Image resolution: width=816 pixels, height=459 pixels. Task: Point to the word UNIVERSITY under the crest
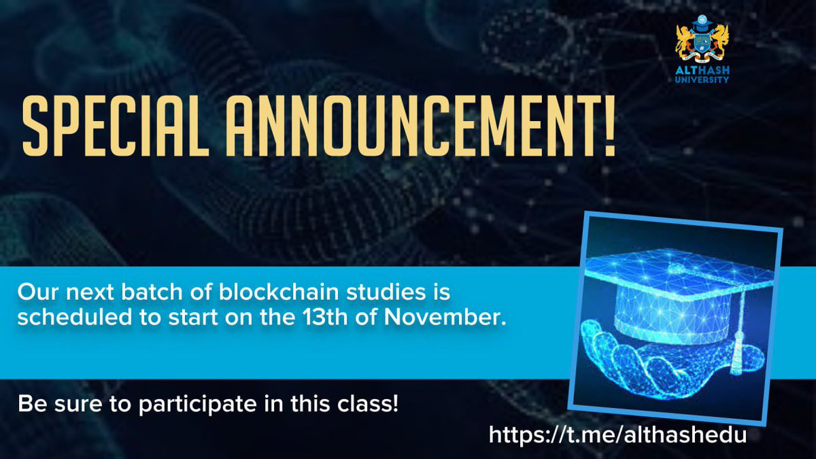[702, 80]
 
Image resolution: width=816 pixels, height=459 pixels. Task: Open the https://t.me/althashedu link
[617, 435]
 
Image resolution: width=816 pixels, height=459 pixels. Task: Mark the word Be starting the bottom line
[29, 405]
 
